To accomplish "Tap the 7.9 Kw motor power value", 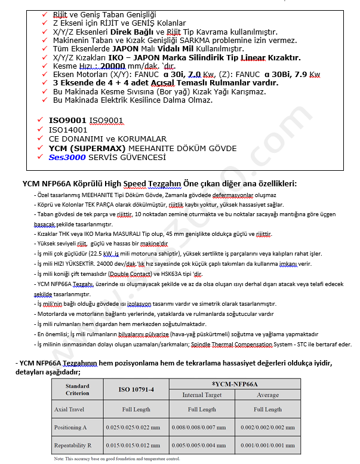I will pyautogui.click(x=306, y=75).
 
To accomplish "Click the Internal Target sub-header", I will pyautogui.click(x=202, y=395).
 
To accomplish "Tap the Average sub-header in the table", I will pyautogui.click(x=267, y=395).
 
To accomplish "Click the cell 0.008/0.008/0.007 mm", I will pyautogui.click(x=202, y=428).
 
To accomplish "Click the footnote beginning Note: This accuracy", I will pyautogui.click(x=117, y=459).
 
